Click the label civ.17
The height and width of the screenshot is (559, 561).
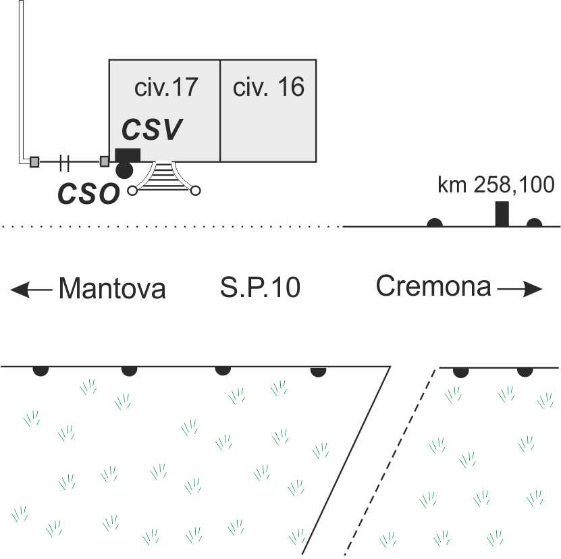pyautogui.click(x=166, y=87)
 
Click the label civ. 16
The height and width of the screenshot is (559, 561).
pyautogui.click(x=269, y=87)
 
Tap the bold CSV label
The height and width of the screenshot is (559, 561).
pyautogui.click(x=152, y=129)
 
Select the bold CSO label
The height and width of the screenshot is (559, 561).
pyautogui.click(x=88, y=194)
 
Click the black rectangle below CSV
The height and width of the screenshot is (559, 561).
pyautogui.click(x=128, y=155)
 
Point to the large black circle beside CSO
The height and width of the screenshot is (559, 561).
pyautogui.click(x=124, y=170)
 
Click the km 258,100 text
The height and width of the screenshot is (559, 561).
pyautogui.click(x=496, y=185)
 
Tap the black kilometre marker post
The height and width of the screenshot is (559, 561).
pyautogui.click(x=502, y=214)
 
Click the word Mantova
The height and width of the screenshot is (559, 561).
pyautogui.click(x=112, y=288)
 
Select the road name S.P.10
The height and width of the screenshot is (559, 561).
pyautogui.click(x=260, y=288)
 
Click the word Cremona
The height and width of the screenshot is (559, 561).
pyautogui.click(x=433, y=286)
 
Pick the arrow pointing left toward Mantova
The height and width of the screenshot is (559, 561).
pyautogui.click(x=31, y=290)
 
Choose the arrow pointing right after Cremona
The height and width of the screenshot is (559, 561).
pyautogui.click(x=520, y=289)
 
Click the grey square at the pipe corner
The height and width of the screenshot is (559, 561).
pyautogui.click(x=34, y=162)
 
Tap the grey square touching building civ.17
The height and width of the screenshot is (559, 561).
pyautogui.click(x=105, y=161)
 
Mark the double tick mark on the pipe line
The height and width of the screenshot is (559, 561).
pyautogui.click(x=64, y=163)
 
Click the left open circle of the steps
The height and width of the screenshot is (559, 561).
pyautogui.click(x=132, y=191)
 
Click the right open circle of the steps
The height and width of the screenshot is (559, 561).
pyautogui.click(x=195, y=191)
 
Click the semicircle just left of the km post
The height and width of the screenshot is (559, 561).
pyautogui.click(x=435, y=223)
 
